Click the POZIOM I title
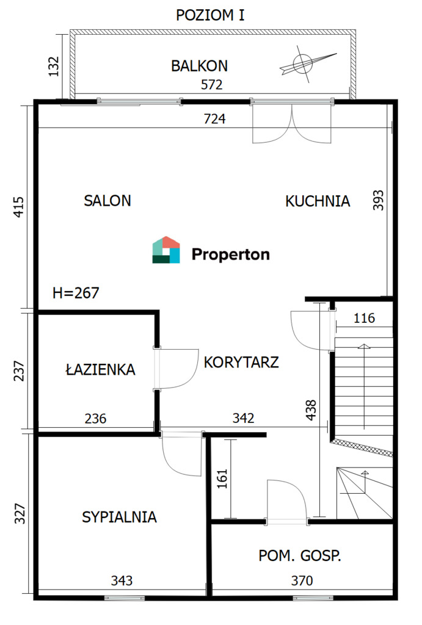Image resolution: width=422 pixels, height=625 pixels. pyautogui.click(x=210, y=15)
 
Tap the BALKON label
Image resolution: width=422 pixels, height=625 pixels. pyautogui.click(x=200, y=66)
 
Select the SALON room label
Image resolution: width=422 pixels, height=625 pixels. pyautogui.click(x=107, y=200)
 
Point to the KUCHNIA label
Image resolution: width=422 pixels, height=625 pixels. pyautogui.click(x=318, y=201)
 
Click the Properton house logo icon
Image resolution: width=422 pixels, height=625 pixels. pyautogui.click(x=166, y=250)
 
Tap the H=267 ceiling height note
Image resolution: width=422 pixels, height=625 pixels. pyautogui.click(x=76, y=293)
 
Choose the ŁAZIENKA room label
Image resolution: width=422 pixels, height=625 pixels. pyautogui.click(x=101, y=369)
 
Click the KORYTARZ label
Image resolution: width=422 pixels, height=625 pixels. pyautogui.click(x=241, y=363)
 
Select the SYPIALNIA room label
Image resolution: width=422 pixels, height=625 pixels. pyautogui.click(x=119, y=517)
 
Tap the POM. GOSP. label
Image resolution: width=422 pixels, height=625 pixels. pyautogui.click(x=300, y=555)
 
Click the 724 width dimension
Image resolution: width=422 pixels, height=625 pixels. pyautogui.click(x=214, y=119)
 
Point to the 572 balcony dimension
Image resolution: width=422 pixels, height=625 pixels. pyautogui.click(x=212, y=84)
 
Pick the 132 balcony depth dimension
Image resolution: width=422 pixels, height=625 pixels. pyautogui.click(x=53, y=66)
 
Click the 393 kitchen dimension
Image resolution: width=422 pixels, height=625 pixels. pyautogui.click(x=378, y=200)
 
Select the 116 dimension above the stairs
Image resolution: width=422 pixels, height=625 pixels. pyautogui.click(x=364, y=318)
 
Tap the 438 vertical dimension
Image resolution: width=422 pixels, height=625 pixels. pyautogui.click(x=311, y=410)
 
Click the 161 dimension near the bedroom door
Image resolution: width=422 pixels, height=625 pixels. pyautogui.click(x=222, y=479)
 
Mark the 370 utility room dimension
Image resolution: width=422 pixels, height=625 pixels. pyautogui.click(x=302, y=580)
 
